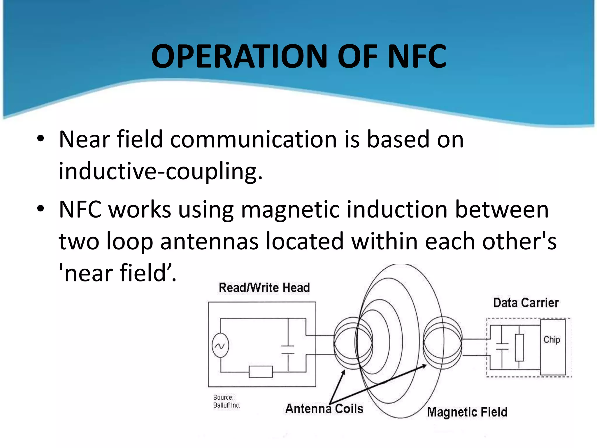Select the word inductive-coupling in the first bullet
160,171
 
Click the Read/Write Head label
264,288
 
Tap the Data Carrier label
526,303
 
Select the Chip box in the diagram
553,347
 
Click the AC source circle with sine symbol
220,346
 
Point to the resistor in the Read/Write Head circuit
261,372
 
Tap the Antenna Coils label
324,409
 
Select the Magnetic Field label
467,412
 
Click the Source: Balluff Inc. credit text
226,401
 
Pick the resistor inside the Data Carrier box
519,348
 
